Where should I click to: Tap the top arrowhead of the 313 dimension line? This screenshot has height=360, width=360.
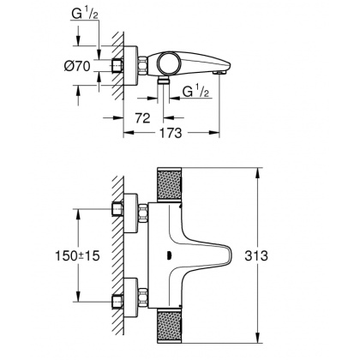pyautogui.click(x=257, y=171)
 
